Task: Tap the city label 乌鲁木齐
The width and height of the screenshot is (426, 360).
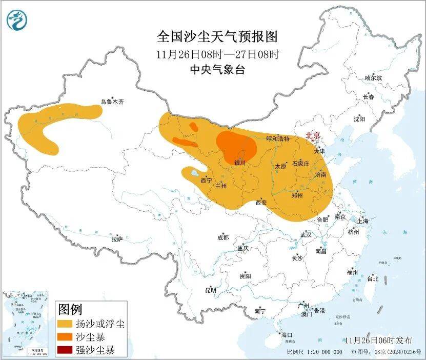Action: click(112, 102)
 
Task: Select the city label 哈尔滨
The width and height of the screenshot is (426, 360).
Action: click(373, 78)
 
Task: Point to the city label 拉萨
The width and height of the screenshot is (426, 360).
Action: click(117, 239)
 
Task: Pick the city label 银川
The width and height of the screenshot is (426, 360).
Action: click(240, 163)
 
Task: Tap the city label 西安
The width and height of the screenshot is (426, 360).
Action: click(262, 203)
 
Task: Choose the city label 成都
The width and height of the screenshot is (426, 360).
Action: click(222, 237)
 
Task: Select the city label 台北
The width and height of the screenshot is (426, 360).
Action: click(372, 279)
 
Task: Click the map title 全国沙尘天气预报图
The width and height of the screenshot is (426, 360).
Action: click(217, 37)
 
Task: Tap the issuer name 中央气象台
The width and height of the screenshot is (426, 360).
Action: click(217, 70)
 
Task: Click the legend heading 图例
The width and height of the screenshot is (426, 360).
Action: click(70, 309)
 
